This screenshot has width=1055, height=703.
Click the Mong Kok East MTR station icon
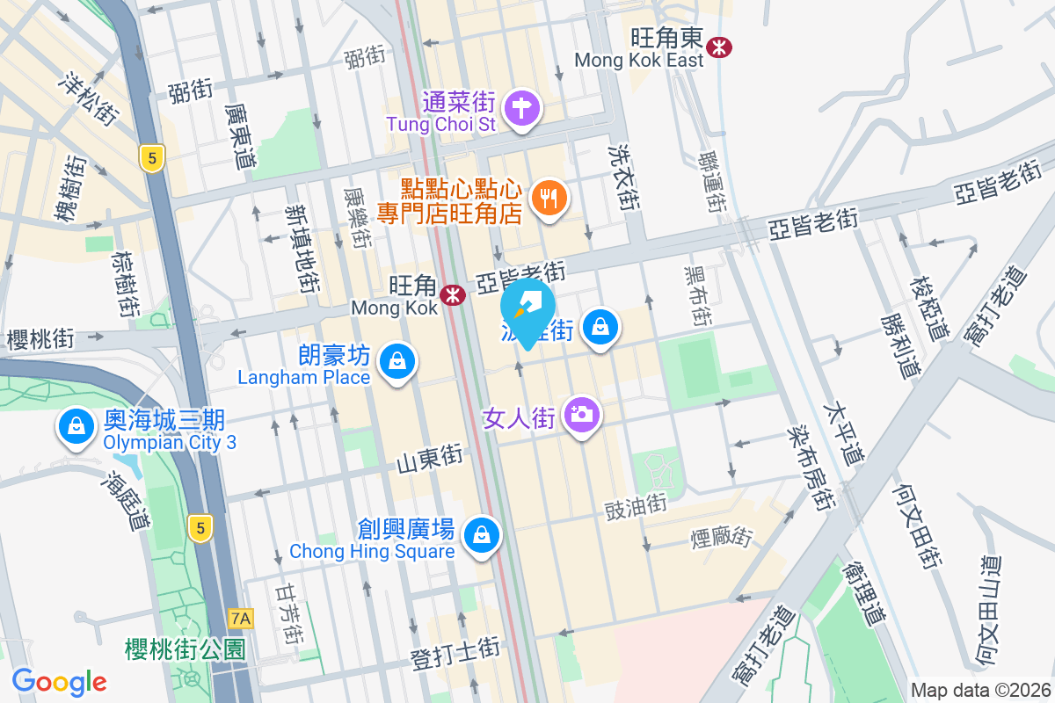[719, 47]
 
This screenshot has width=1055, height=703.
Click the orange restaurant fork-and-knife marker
[549, 199]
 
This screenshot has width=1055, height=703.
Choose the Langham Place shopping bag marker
[397, 361]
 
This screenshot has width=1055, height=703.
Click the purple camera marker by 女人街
[580, 414]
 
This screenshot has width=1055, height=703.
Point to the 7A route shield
[240, 619]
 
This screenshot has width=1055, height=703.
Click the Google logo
[59, 681]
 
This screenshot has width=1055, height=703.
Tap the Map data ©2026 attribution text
[980, 691]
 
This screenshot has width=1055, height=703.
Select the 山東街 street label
[429, 458]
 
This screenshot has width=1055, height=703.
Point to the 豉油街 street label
[636, 506]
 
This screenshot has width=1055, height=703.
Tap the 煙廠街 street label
[724, 534]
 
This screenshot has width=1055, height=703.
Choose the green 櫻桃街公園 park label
[186, 649]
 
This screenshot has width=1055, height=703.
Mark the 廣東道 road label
[240, 137]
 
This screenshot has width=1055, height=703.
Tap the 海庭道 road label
[126, 502]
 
